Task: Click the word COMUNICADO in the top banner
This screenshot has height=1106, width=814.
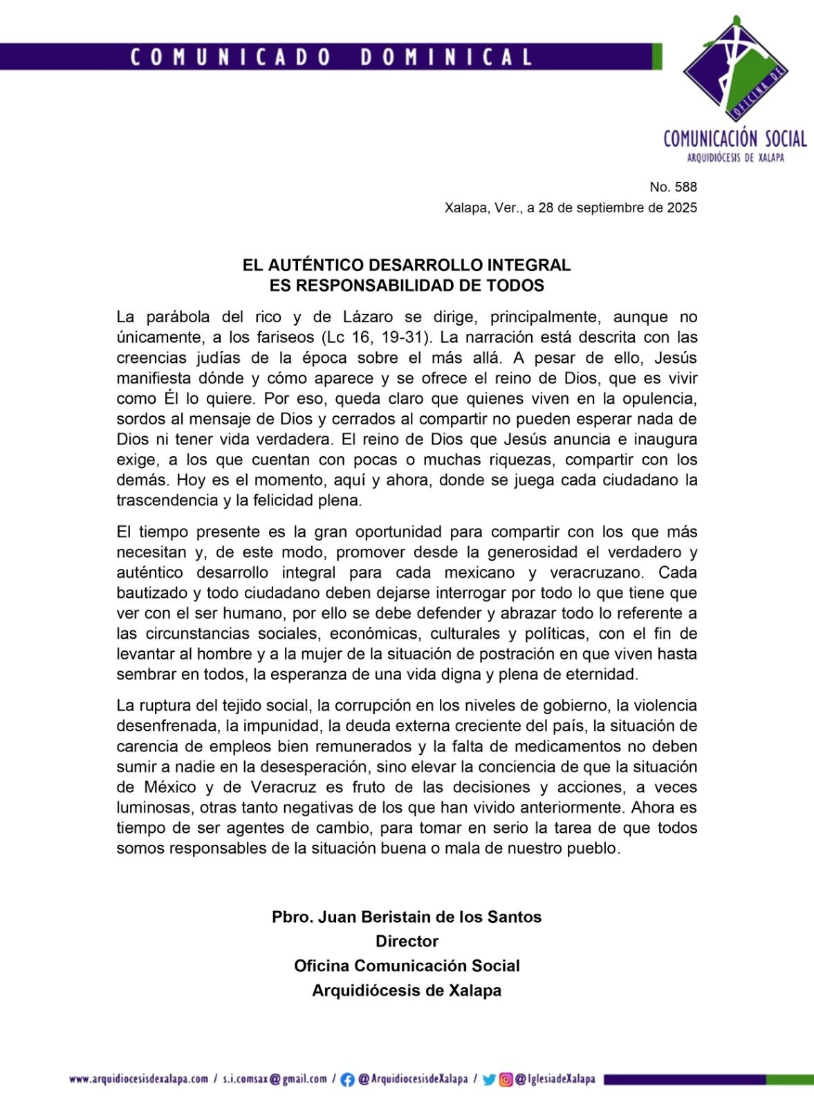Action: [230, 57]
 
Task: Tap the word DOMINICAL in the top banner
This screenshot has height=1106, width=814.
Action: [446, 57]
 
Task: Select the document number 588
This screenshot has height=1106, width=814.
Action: [685, 187]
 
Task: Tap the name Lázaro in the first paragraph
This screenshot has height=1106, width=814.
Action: [368, 317]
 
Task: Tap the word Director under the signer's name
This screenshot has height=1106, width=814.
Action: [407, 941]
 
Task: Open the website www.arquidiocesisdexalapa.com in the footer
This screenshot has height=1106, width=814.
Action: [139, 1079]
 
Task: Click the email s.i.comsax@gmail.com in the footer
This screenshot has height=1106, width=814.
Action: [275, 1079]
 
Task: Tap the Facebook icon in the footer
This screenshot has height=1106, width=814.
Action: [348, 1080]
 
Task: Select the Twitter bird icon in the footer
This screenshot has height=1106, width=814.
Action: [489, 1080]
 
